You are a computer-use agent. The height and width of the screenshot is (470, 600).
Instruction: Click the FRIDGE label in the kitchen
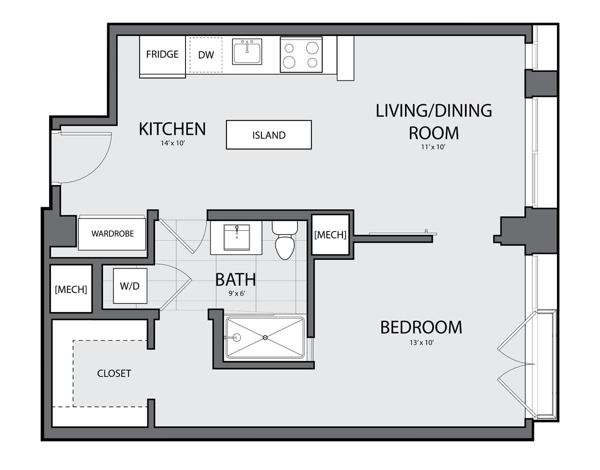(x=162, y=54)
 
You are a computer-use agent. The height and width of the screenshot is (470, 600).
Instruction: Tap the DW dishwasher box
(x=206, y=55)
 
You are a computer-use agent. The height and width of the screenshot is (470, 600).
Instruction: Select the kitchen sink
(x=247, y=51)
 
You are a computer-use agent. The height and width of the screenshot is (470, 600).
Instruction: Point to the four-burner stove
(x=301, y=54)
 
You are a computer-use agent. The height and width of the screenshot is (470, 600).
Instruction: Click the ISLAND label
(x=269, y=135)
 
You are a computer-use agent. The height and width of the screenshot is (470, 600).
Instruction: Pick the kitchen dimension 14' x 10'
(x=173, y=143)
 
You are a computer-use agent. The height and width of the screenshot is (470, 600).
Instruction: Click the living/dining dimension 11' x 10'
(x=433, y=147)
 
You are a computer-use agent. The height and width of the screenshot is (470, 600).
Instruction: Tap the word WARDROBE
(x=112, y=234)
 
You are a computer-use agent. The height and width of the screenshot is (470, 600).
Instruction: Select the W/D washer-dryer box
(x=130, y=286)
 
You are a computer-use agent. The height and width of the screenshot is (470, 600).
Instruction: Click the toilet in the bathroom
(x=285, y=240)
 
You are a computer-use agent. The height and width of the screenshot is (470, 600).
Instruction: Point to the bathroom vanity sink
(x=236, y=237)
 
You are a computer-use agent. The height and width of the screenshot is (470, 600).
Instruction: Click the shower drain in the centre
(x=265, y=337)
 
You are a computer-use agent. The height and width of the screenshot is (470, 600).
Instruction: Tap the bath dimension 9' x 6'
(x=237, y=293)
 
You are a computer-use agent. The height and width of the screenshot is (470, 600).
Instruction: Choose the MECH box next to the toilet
(x=330, y=235)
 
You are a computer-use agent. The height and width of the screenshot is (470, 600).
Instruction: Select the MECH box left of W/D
(x=71, y=289)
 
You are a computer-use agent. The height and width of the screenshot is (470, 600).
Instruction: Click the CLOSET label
(x=114, y=373)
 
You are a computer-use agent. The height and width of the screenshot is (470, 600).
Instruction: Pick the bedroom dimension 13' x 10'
(x=422, y=343)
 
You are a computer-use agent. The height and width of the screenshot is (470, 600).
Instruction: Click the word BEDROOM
(x=421, y=327)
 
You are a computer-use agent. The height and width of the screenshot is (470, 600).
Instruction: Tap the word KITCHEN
(x=172, y=129)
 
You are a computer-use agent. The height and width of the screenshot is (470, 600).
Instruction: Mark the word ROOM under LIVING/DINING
(x=434, y=133)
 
